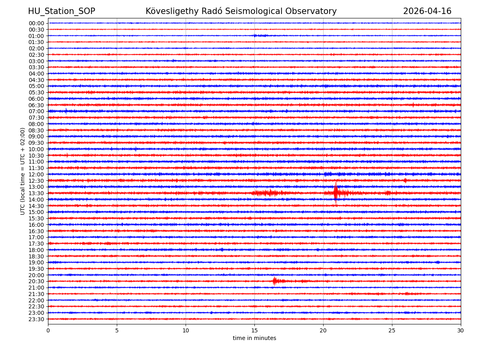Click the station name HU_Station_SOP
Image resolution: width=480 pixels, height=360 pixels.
[61, 11]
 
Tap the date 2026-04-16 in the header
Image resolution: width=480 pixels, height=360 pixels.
[427, 11]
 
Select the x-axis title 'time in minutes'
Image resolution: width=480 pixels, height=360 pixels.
[254, 338]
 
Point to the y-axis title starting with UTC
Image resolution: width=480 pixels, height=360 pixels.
[23, 171]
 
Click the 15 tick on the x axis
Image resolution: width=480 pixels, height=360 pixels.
[254, 331]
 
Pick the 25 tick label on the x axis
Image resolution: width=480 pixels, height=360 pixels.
[392, 331]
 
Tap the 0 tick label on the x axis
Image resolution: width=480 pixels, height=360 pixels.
[48, 331]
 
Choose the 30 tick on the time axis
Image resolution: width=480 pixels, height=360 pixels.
[460, 331]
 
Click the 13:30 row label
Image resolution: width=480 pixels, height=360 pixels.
[36, 193]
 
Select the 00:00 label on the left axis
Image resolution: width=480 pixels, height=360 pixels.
[36, 23]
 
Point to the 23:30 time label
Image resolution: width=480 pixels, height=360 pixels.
[36, 319]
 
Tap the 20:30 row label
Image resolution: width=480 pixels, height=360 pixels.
[36, 281]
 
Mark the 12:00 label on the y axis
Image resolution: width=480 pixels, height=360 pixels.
[36, 174]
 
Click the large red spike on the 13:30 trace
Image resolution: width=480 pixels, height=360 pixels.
[336, 193]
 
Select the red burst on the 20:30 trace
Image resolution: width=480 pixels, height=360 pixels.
[274, 281]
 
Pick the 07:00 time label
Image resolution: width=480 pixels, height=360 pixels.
[36, 111]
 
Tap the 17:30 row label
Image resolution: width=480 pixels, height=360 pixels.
[36, 244]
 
